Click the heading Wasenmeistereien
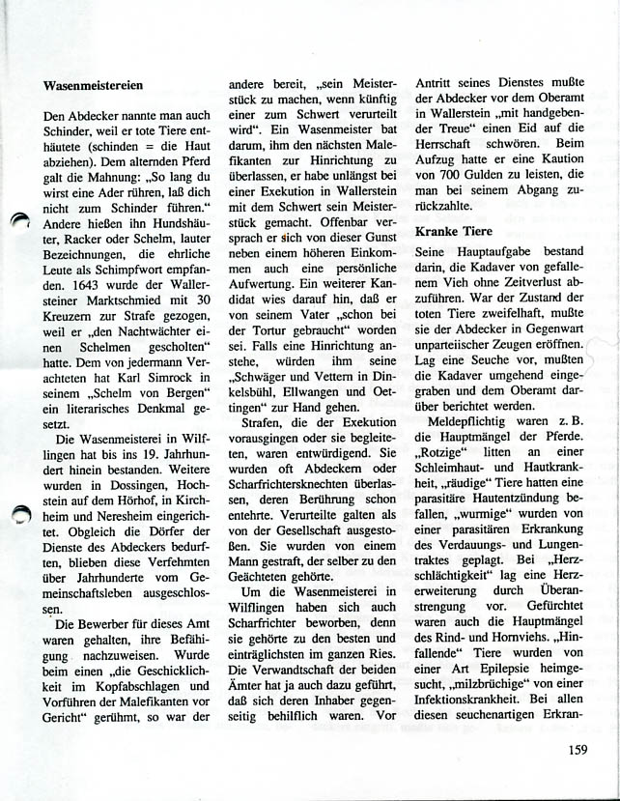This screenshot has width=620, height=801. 99,86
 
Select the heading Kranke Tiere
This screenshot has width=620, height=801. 453,232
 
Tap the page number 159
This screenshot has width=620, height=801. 579,747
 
